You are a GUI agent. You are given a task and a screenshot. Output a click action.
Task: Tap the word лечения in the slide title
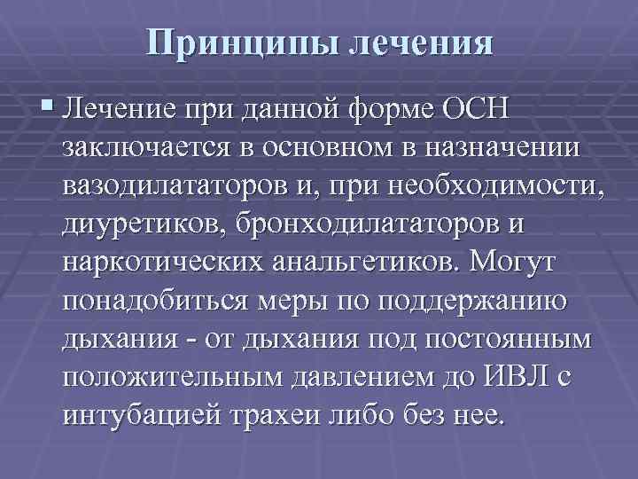click(424, 43)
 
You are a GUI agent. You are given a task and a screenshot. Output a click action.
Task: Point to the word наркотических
click(161, 263)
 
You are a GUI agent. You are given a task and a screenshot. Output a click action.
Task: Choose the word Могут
click(506, 263)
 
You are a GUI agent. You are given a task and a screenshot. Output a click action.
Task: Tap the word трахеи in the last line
click(284, 413)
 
